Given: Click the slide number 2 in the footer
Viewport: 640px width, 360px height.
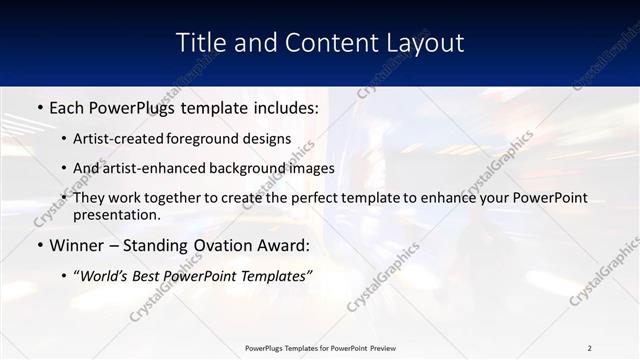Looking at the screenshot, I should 590,348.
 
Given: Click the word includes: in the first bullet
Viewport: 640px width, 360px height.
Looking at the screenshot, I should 279,105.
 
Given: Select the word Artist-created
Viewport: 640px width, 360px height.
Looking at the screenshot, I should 120,138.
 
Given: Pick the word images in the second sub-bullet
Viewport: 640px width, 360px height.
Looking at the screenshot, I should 312,168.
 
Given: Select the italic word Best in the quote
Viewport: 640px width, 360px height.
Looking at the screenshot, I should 149,276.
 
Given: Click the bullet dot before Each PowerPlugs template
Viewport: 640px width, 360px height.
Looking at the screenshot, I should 39,105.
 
